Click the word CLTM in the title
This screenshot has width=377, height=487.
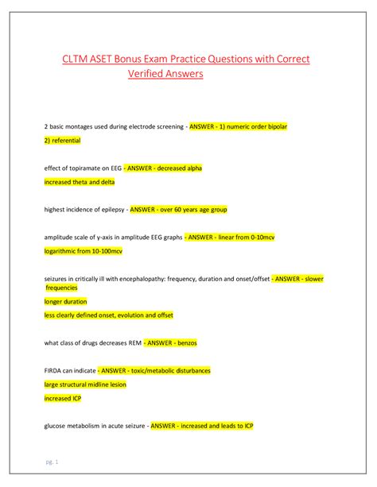click(78, 60)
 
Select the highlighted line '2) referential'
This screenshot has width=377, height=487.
click(62, 141)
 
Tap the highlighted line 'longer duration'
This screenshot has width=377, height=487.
click(65, 302)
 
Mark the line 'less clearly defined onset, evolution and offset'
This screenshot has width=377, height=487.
click(108, 315)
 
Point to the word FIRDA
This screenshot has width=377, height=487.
click(54, 371)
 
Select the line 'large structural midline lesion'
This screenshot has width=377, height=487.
click(85, 385)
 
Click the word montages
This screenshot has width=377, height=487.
click(78, 127)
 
